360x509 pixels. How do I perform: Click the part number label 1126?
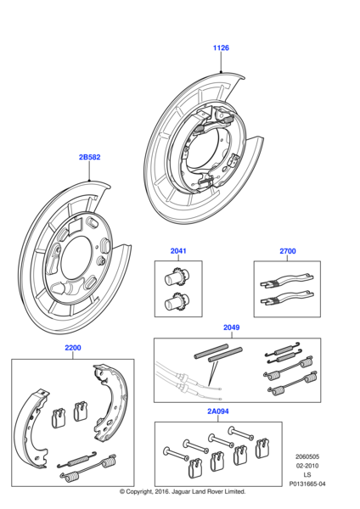tap(221, 48)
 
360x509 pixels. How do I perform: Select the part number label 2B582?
tap(90, 157)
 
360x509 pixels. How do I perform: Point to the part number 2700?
tap(288, 251)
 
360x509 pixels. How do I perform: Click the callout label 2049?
tap(231, 327)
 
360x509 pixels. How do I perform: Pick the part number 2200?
tap(73, 348)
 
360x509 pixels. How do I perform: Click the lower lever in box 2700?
tap(287, 300)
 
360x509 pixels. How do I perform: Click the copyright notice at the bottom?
tap(183, 491)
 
